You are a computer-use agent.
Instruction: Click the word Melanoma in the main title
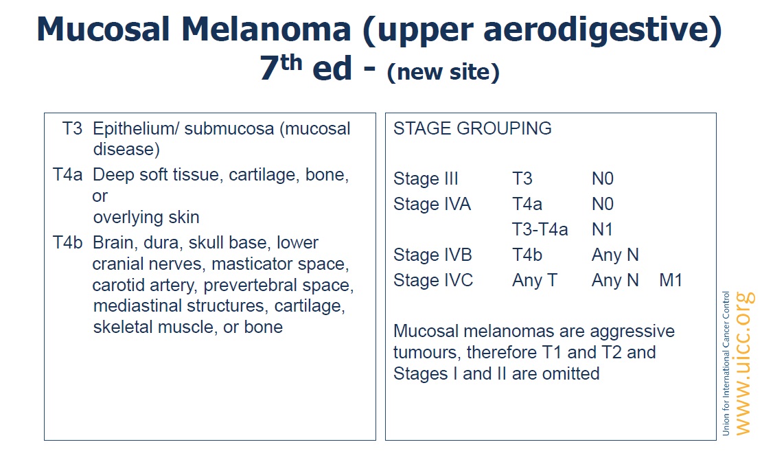point(266,29)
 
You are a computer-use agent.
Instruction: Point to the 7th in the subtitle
point(280,67)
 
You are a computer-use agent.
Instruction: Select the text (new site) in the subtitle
point(443,72)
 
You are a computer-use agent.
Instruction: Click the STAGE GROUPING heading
point(472,128)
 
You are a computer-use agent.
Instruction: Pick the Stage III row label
point(426,179)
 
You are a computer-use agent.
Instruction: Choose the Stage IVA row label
point(432,204)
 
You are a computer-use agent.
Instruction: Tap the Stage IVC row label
point(433,281)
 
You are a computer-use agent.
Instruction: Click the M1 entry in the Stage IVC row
point(671,281)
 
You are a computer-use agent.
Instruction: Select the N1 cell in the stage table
point(603,229)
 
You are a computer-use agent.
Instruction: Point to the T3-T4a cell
point(540,229)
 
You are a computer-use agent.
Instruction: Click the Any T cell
point(535,281)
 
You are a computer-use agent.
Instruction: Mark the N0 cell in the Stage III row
point(603,179)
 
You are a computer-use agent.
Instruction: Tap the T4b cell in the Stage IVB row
point(527,255)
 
